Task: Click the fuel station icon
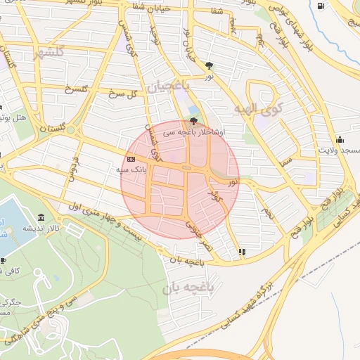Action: coord(321,6)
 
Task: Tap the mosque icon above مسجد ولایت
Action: coord(340,139)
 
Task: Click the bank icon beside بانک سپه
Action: coord(131,159)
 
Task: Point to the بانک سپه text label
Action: coord(131,170)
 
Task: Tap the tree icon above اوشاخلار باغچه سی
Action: coord(193,120)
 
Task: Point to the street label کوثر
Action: coord(212,193)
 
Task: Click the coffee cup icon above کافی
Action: coord(3,261)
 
